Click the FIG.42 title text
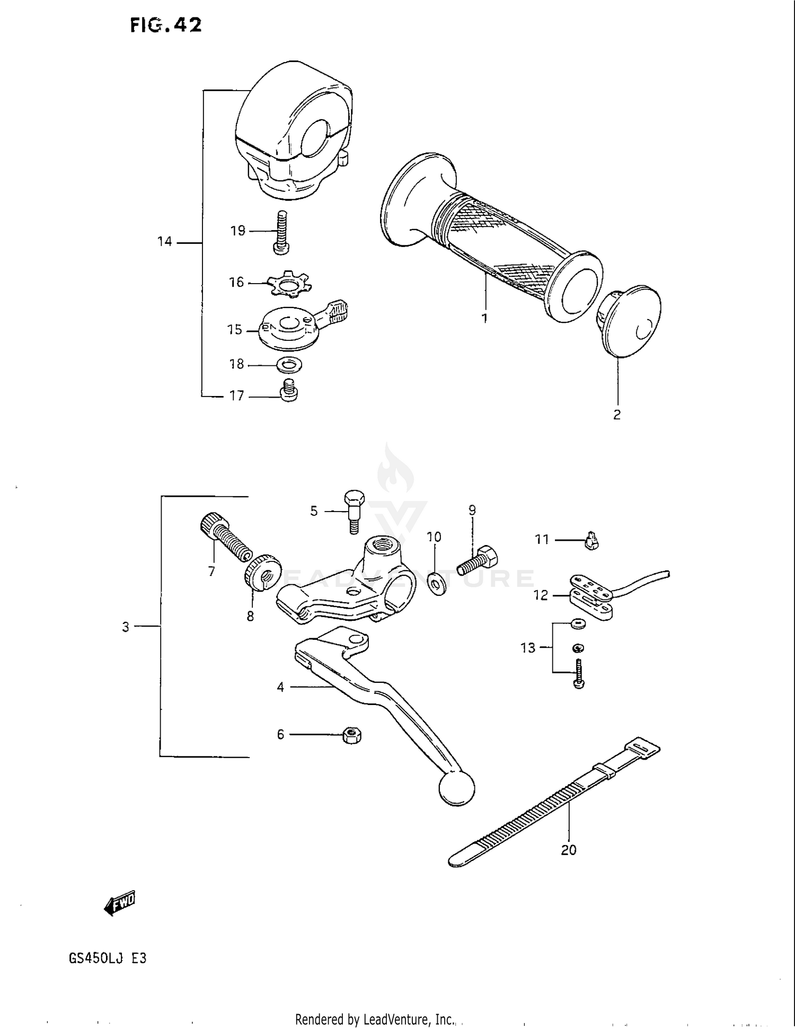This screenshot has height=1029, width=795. pos(166,25)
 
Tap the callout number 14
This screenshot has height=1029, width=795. pos(165,242)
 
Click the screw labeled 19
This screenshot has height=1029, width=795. pos(280,231)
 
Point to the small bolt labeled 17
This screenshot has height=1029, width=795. pos(288,390)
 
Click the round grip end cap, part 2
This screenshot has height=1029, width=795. pos(633,322)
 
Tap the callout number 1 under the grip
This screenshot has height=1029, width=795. pos(484,318)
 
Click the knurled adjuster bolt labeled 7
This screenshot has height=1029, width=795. pos(224,538)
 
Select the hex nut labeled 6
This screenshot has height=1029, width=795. pos(352,735)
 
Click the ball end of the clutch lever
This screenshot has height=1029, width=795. pos(457,788)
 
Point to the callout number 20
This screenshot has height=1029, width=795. pos(568,849)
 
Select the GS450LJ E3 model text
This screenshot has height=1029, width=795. pos(108,958)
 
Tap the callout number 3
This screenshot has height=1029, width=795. pos(126,627)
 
